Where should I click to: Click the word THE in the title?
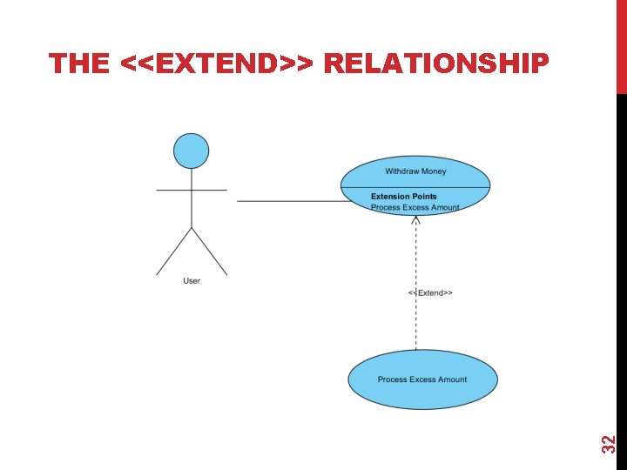point(79,63)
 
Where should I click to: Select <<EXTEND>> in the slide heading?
point(221,63)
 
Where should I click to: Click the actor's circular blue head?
point(192,150)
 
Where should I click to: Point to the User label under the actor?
point(192,281)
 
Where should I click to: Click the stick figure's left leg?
point(174,252)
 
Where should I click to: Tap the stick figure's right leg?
point(209,252)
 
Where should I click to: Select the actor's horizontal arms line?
point(192,190)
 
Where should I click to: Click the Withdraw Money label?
point(415,171)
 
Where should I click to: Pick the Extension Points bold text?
point(404,197)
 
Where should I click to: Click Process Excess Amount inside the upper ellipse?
point(415,207)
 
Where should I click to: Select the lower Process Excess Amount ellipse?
point(423,379)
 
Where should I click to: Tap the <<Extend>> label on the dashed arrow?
point(430,293)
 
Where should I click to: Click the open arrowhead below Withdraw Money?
point(416,221)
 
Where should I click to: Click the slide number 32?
point(610,443)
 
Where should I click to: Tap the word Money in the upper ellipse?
point(432,171)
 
